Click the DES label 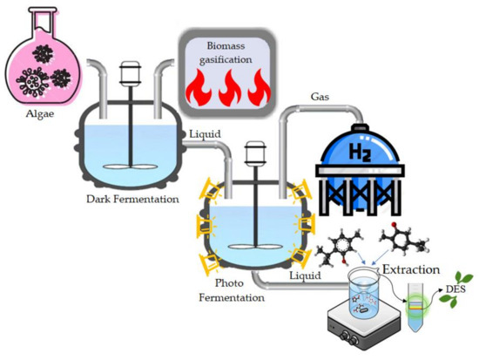455,288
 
